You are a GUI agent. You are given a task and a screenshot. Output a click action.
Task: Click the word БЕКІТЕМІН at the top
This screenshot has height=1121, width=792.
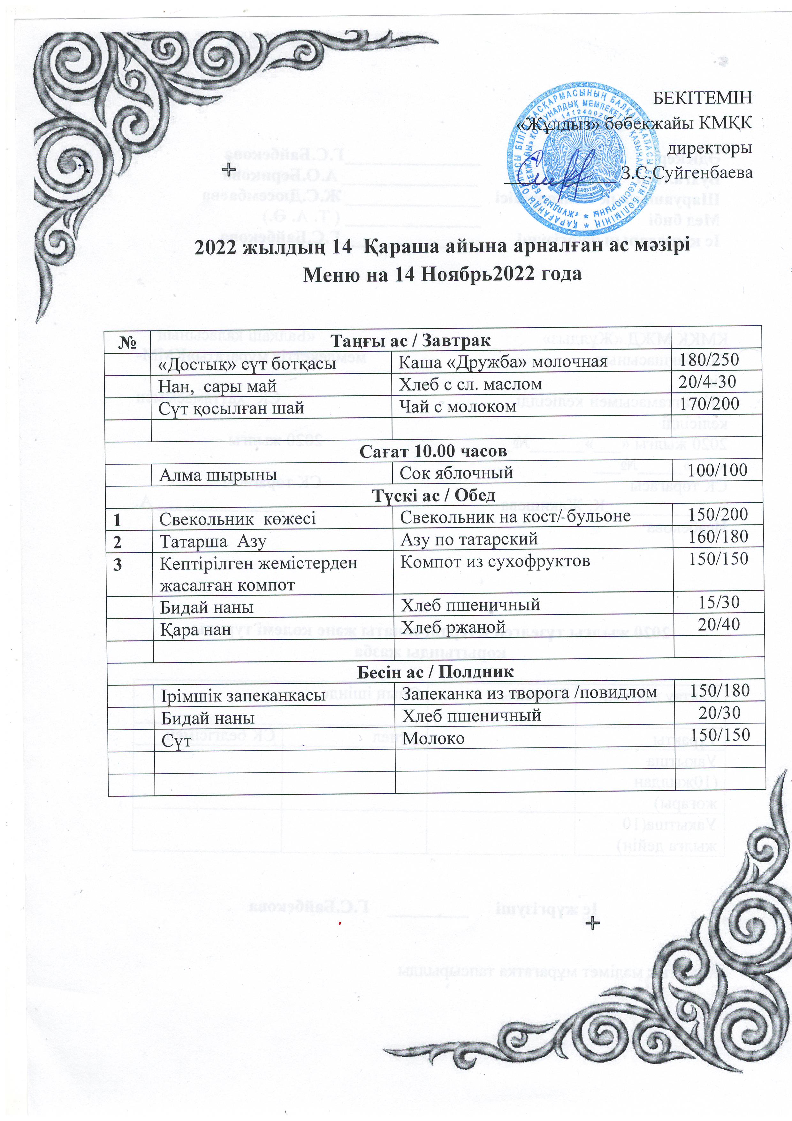click(x=702, y=98)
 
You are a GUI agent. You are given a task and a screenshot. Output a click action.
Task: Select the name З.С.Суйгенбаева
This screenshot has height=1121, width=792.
click(x=687, y=172)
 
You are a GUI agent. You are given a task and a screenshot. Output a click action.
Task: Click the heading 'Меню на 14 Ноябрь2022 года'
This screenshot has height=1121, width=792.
click(x=442, y=274)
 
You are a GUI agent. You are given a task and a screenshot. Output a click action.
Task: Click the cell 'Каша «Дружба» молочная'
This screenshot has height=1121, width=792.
click(x=503, y=362)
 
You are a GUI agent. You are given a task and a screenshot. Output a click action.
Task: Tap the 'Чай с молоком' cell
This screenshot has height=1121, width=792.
click(x=458, y=406)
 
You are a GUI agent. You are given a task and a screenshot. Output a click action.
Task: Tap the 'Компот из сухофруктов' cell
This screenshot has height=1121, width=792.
click(x=495, y=561)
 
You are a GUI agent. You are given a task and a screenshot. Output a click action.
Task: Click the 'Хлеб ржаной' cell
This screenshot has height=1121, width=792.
click(x=453, y=627)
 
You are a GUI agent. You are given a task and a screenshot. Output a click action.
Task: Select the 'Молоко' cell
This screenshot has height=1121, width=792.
click(x=433, y=738)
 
